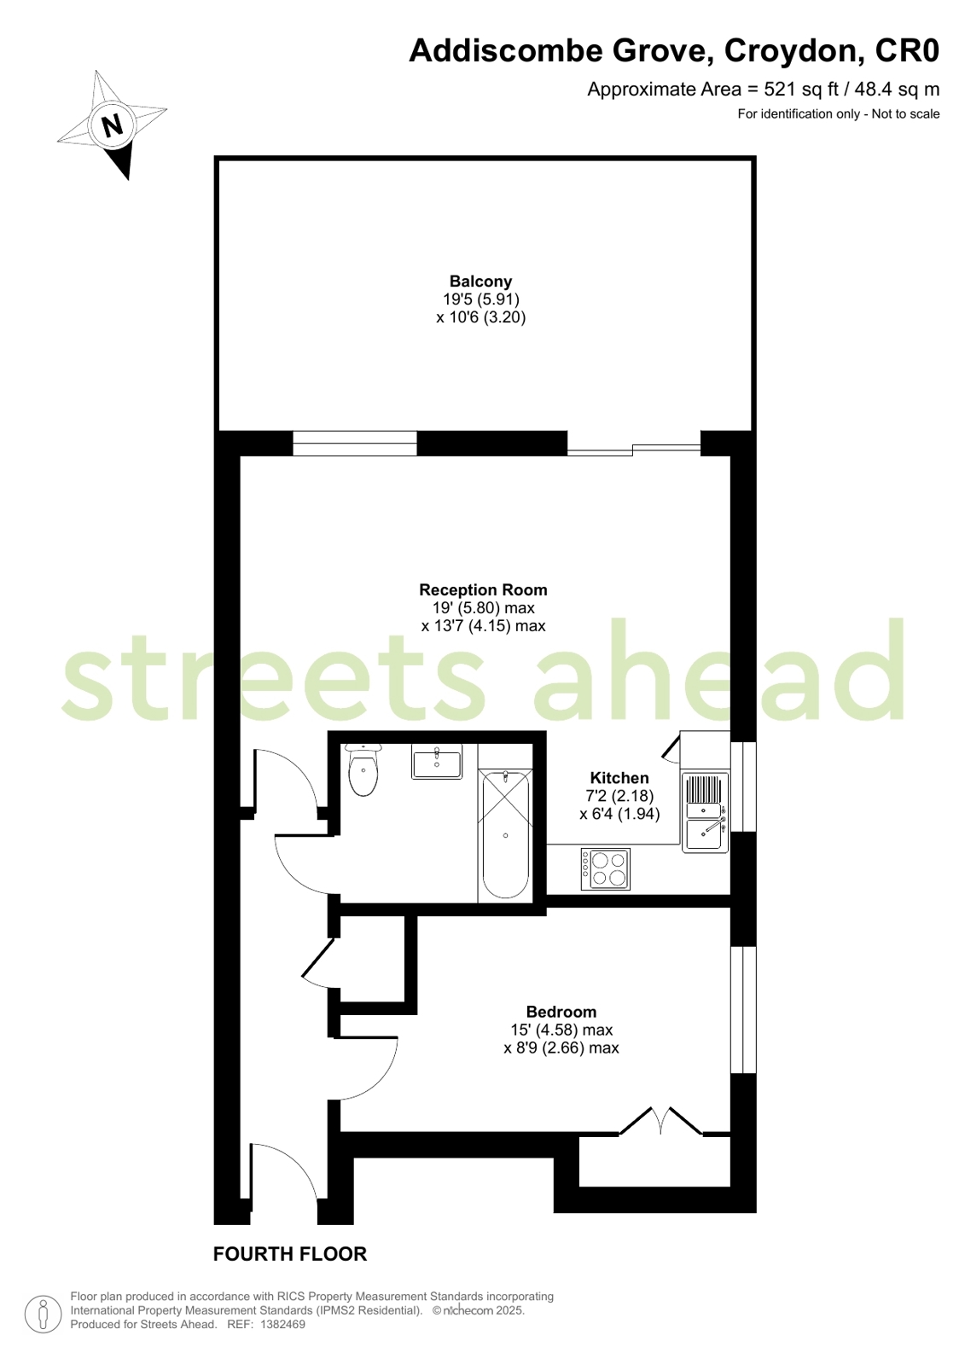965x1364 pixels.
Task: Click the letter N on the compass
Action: [x=112, y=125]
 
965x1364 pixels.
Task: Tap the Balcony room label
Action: [x=480, y=282]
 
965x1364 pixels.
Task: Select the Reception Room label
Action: [x=483, y=589]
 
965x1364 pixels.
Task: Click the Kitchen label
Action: [x=619, y=778]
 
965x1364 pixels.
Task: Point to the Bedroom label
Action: [x=561, y=1013]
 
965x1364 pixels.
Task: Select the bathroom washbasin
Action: [x=437, y=761]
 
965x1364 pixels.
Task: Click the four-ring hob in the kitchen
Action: [x=606, y=869]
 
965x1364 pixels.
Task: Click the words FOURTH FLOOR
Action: [x=290, y=1254]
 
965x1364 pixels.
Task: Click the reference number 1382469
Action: [x=282, y=1325]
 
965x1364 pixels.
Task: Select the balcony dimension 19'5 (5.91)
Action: [x=480, y=299]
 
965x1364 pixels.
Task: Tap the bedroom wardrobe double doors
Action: [x=661, y=1121]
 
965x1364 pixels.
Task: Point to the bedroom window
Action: [x=743, y=1009]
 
